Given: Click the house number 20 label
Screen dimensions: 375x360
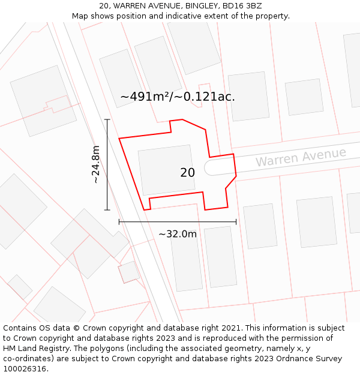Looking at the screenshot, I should pos(187,173).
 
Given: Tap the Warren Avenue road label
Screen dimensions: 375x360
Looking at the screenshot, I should pos(301,157).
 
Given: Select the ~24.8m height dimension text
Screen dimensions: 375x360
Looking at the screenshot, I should pos(95,164).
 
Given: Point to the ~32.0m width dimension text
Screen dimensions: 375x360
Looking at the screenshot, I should pos(178,234).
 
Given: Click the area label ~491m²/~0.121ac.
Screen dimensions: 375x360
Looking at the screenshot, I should pos(178,97).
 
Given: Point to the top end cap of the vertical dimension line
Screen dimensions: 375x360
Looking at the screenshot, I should pos(107,119).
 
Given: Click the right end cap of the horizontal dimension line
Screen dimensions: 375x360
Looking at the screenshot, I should pos(236,222).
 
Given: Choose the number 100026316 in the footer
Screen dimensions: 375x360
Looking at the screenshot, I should pos(25,368).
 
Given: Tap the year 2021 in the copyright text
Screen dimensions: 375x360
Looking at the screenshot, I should pos(231,328).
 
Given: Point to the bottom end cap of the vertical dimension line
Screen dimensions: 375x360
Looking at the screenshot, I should pos(107,210).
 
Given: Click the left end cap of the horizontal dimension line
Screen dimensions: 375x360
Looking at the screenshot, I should pos(119,222).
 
